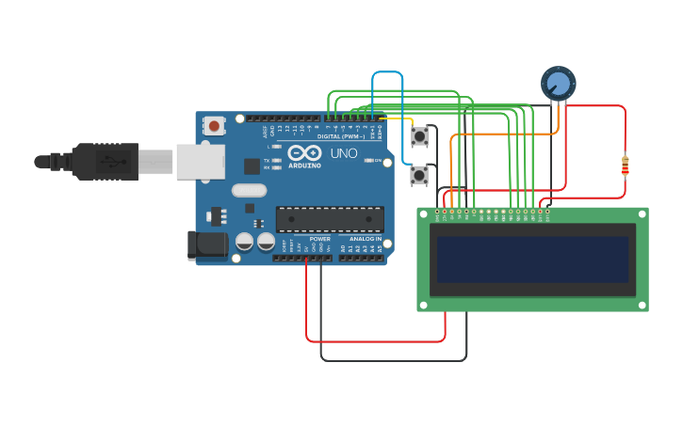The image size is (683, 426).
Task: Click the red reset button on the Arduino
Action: [x=215, y=125]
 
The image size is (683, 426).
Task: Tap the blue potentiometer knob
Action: [x=559, y=84]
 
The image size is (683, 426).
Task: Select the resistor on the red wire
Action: [x=625, y=166]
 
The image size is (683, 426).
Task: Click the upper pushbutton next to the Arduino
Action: [x=419, y=137]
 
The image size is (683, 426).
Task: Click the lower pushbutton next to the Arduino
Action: [x=419, y=175]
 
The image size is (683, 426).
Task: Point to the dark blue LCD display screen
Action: [x=532, y=260]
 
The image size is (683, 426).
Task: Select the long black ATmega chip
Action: [x=330, y=219]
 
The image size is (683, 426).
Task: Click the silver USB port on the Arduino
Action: [x=200, y=161]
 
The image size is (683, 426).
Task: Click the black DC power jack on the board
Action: [x=207, y=245]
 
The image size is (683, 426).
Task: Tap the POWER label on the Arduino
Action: [x=320, y=239]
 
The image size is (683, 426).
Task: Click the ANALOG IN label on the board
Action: [x=366, y=239]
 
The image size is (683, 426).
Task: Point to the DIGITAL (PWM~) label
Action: [x=341, y=136]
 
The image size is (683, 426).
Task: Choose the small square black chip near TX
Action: [x=252, y=166]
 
